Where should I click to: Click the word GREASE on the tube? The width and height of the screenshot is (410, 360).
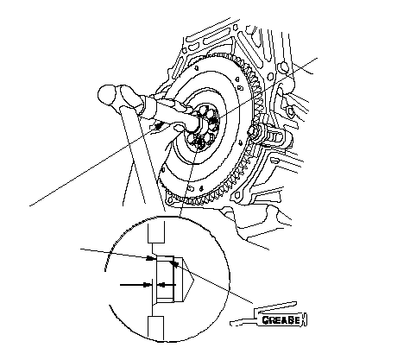pos(281,319)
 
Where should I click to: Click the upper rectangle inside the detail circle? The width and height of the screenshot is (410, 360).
pos(156,232)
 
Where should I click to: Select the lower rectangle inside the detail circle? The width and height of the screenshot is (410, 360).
pos(155,328)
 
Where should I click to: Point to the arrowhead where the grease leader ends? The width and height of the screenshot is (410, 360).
pos(173,263)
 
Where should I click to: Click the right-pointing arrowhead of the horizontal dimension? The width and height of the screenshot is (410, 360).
pos(148,285)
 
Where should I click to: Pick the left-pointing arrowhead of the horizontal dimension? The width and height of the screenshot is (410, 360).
pos(162,285)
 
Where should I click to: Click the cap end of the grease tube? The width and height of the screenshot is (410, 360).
pos(305,319)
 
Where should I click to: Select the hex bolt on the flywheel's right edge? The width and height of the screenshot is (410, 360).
pos(256,133)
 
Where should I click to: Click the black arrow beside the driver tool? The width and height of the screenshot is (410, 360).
pos(158,125)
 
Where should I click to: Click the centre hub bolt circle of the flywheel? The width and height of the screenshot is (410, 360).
pos(203,126)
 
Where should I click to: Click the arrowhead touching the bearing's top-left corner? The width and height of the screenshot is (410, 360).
pos(149,258)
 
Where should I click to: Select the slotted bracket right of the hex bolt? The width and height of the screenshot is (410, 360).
pos(275,136)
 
